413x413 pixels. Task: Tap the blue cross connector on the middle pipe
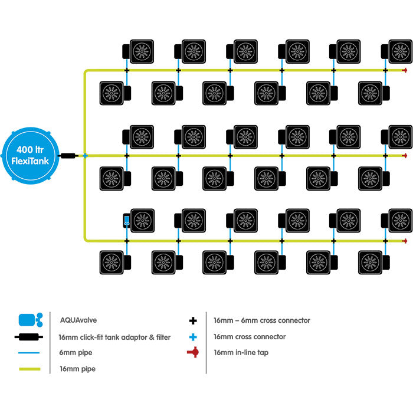[x=85, y=156]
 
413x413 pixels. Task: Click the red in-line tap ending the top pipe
[x=405, y=71]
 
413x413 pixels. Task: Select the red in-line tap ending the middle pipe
[x=405, y=156]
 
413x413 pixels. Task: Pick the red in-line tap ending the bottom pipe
[x=405, y=241]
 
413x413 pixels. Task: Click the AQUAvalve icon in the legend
[x=29, y=320]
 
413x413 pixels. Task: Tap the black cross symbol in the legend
[x=192, y=321]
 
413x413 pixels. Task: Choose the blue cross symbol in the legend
[x=192, y=337]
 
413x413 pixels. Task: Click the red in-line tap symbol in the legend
[x=192, y=353]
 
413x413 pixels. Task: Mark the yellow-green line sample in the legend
[x=29, y=369]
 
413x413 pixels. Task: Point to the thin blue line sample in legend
[x=29, y=353]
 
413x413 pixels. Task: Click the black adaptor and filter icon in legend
[x=29, y=337]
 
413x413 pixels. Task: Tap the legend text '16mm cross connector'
[x=250, y=337]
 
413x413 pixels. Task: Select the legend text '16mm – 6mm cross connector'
[x=261, y=321]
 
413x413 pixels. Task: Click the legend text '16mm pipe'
[x=77, y=369]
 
